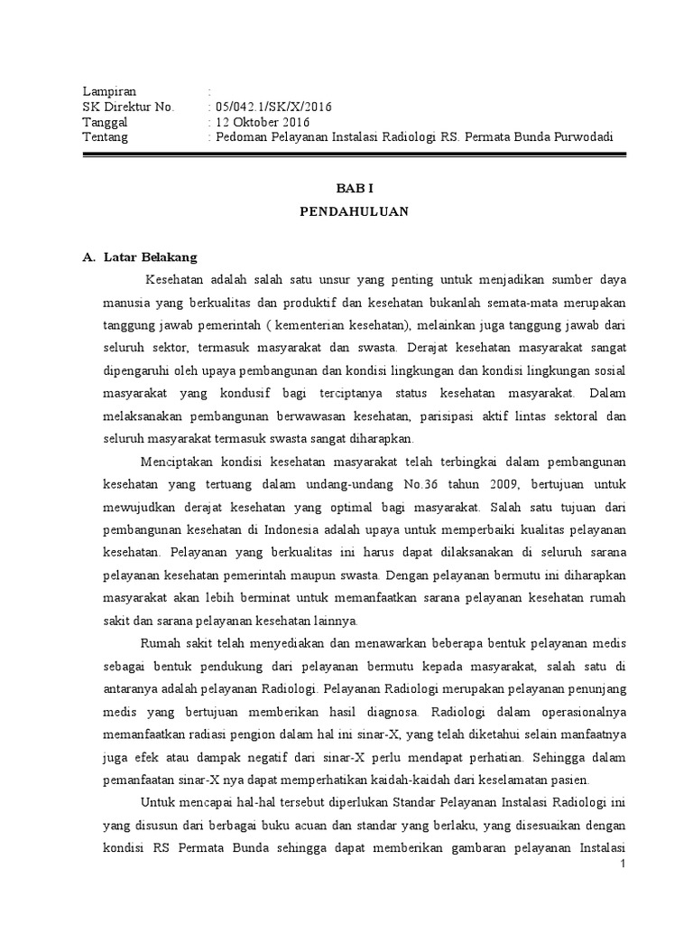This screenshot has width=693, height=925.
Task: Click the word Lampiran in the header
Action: point(109,91)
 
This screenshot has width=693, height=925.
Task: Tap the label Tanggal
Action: point(106,122)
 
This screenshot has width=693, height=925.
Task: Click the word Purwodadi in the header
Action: point(582,137)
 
